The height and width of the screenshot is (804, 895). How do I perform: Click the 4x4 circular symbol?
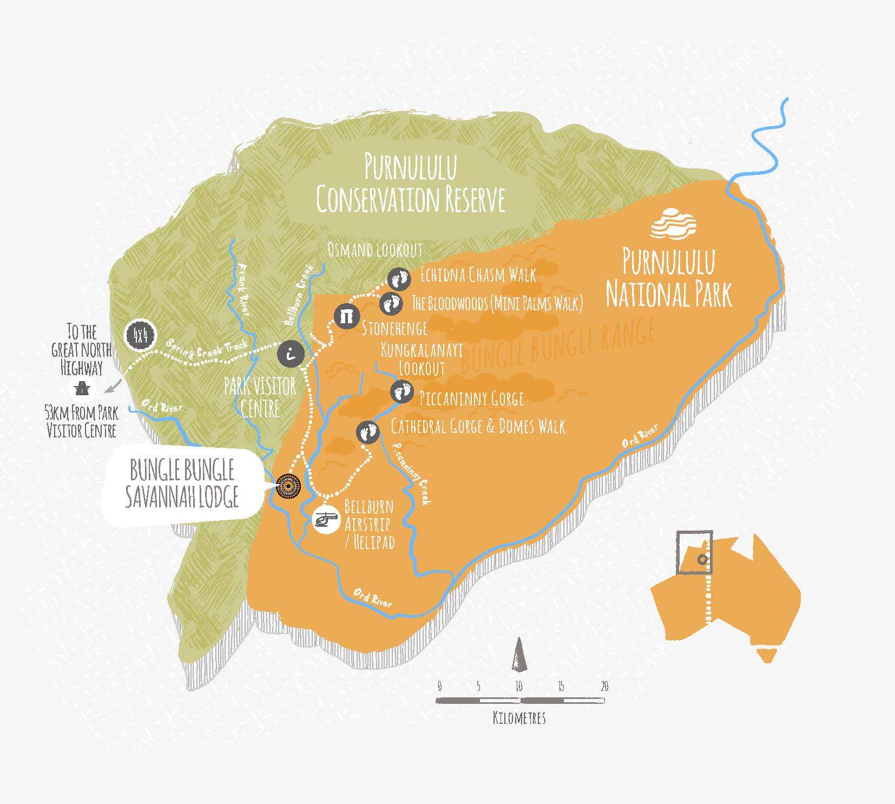[x=140, y=336]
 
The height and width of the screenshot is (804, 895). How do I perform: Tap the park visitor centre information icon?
[x=291, y=354]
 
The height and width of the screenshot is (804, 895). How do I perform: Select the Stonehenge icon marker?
[x=346, y=316]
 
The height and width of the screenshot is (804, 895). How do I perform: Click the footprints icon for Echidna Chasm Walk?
[x=400, y=279]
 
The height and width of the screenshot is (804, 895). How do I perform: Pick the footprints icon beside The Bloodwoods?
[x=391, y=304]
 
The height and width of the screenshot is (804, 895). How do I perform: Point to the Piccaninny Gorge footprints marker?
[x=402, y=391]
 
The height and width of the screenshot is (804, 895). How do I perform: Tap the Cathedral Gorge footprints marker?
[x=368, y=432]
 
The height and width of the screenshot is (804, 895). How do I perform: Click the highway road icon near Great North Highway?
[x=83, y=388]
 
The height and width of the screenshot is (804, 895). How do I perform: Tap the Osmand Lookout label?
[x=374, y=250]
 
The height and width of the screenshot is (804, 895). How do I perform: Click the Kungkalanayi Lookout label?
[x=422, y=359]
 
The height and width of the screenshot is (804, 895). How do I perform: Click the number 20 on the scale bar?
[x=604, y=687]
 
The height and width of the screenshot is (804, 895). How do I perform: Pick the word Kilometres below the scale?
[x=519, y=718]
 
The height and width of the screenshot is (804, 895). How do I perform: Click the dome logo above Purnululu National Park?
[x=673, y=223]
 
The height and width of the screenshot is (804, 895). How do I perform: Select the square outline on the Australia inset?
[x=695, y=552]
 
